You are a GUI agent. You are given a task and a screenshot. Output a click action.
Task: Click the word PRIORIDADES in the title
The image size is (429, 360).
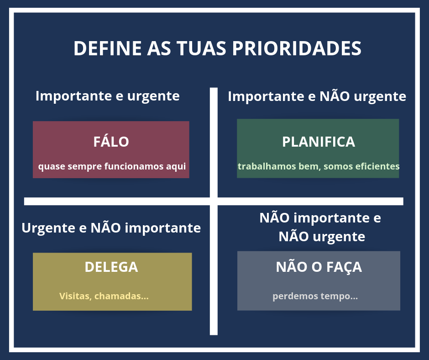(x=297, y=48)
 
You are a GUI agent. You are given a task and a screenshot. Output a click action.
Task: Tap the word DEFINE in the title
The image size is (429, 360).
(x=108, y=48)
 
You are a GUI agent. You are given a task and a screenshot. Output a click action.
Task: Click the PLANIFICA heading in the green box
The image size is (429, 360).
(x=319, y=142)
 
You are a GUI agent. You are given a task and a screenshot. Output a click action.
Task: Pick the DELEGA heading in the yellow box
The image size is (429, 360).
(x=111, y=267)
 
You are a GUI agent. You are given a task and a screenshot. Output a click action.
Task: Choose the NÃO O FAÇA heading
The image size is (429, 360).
(x=319, y=267)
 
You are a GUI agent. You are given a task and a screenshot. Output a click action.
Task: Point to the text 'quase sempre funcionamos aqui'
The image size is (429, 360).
(x=112, y=167)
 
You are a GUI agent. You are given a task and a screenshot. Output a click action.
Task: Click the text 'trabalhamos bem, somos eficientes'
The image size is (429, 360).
(x=319, y=166)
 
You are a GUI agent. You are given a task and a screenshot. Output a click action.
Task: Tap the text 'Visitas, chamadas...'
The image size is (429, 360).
(x=104, y=296)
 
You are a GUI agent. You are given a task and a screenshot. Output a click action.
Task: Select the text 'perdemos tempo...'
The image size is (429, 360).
(x=315, y=296)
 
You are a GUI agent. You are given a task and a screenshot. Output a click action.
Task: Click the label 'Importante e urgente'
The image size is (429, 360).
(x=108, y=96)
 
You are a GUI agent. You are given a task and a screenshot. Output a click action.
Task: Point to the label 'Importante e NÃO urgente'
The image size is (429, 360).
(x=317, y=96)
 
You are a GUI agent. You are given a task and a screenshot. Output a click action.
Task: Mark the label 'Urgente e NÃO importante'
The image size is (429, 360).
(x=111, y=228)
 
